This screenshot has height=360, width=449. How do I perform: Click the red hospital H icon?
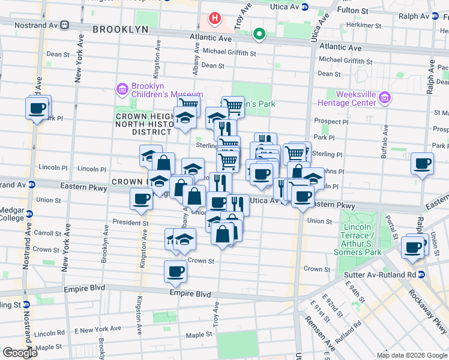point(214,19)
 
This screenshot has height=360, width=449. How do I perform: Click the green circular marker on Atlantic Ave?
point(259,34)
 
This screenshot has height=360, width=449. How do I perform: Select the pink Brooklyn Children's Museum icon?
point(123,90)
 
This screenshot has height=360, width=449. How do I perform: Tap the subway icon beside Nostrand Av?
point(64,25)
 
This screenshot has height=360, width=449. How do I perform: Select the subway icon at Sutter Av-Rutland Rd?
point(421,275)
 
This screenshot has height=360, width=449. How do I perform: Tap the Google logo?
point(20,353)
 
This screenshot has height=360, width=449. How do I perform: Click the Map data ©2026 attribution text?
point(411,355)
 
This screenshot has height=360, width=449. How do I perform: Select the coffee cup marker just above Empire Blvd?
point(175,272)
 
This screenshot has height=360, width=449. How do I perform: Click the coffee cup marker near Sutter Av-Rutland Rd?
point(413,247)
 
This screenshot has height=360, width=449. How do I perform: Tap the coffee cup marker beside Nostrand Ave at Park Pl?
point(37,109)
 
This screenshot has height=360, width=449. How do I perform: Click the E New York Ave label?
point(98,329)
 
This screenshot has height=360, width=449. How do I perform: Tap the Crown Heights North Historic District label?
point(143,124)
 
